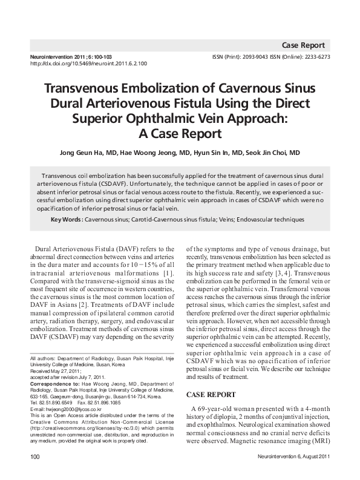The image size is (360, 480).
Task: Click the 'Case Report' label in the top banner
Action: point(303,45)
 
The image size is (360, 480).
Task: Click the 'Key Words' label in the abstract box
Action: point(65,219)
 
